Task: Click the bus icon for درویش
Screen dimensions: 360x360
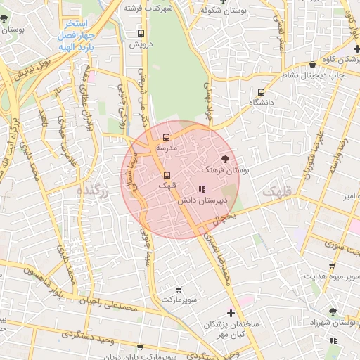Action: (141, 33)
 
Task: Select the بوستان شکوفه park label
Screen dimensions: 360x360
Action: (224, 11)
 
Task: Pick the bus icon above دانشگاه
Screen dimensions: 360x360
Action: (262, 92)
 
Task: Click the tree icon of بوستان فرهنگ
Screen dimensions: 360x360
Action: (225, 159)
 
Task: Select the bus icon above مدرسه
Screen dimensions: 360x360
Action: (167, 138)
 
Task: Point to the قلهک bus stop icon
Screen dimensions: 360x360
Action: (167, 175)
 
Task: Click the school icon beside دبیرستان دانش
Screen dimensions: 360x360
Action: (202, 188)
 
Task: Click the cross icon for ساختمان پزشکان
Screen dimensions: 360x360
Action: (231, 313)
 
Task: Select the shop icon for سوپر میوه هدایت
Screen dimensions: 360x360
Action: (332, 266)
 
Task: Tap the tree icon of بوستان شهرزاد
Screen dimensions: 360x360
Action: (333, 311)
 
